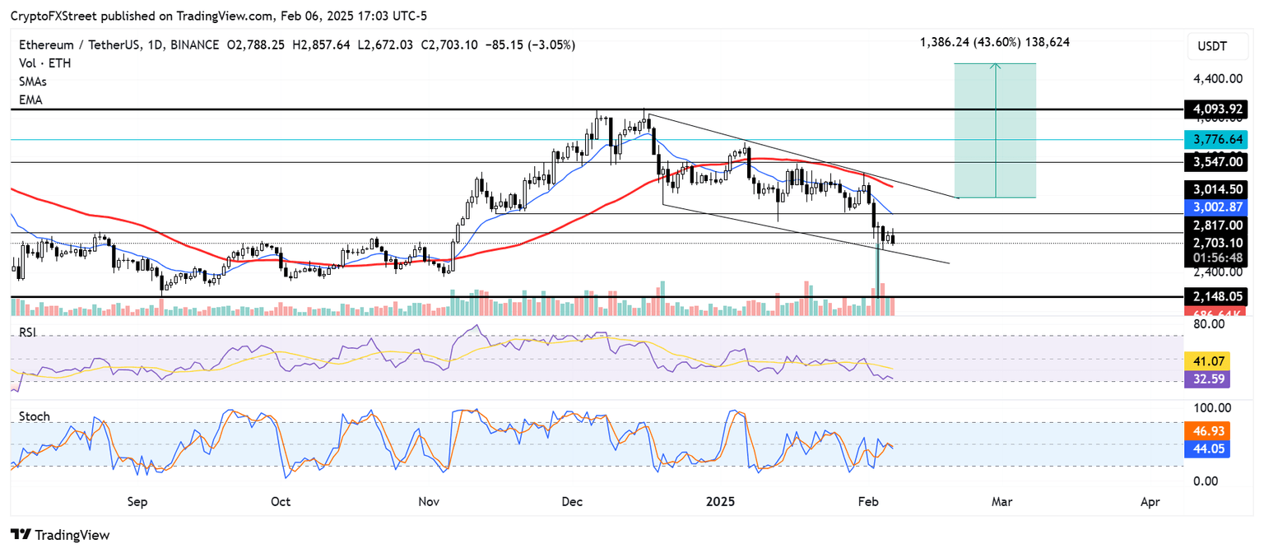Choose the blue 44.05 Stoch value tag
click(1206, 449)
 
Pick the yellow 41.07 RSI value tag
click(1206, 360)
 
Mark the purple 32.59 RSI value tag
click(1206, 380)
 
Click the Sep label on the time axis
click(137, 502)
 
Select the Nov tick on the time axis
click(428, 502)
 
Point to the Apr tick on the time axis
click(1150, 502)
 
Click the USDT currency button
click(1214, 47)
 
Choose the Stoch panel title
click(34, 416)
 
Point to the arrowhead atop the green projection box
click(996, 66)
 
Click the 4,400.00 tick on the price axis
click(1213, 79)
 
